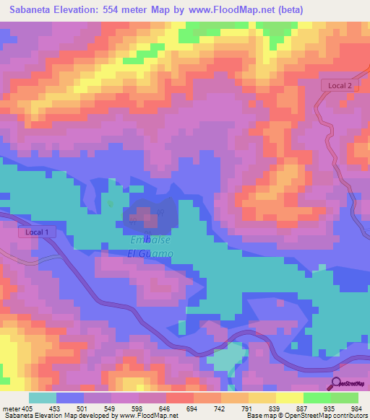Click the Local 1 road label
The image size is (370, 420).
(x=37, y=232)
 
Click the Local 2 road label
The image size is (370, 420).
(x=339, y=85)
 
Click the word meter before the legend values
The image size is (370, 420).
(x=11, y=408)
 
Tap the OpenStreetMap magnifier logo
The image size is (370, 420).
(x=335, y=383)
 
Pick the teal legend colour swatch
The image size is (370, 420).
(x=42, y=398)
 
